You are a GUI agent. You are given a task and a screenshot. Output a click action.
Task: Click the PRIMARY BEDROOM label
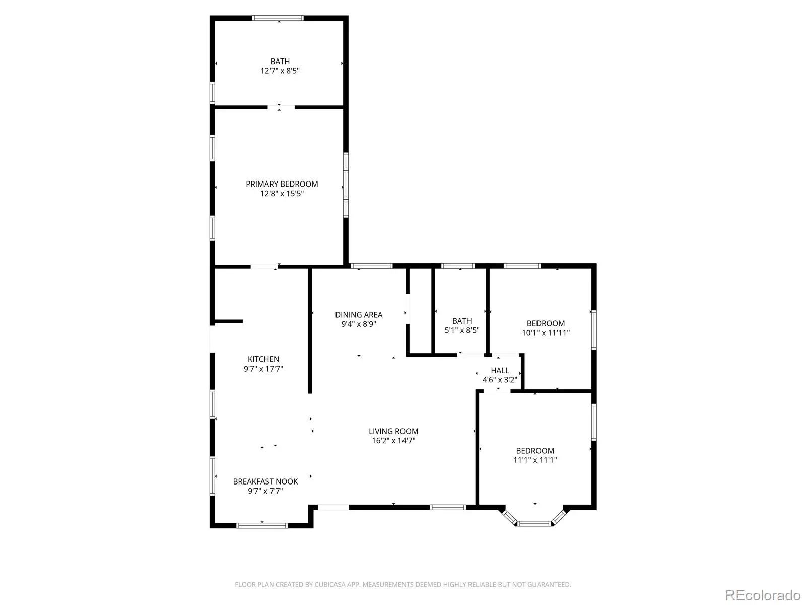click(282, 184)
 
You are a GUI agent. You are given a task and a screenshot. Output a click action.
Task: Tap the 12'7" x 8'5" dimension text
click(280, 71)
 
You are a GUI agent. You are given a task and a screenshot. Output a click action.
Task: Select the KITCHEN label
click(263, 359)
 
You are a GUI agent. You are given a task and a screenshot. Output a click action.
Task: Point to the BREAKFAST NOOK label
click(265, 481)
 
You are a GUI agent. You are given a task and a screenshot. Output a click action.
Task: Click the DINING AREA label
click(358, 315)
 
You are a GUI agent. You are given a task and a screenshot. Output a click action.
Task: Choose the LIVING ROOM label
click(393, 431)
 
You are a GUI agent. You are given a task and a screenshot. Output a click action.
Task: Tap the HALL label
click(500, 370)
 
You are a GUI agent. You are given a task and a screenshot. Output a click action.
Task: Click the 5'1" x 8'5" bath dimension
click(462, 330)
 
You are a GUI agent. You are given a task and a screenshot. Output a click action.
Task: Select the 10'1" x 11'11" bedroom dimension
click(546, 333)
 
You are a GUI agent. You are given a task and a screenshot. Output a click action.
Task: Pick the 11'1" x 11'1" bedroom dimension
click(535, 460)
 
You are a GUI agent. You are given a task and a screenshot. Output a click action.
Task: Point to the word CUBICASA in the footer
click(330, 584)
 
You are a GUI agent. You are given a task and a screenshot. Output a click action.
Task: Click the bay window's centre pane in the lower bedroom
click(534, 523)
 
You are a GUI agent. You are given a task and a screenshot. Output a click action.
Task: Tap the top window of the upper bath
click(278, 18)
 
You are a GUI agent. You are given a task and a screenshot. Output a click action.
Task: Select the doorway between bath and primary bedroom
click(281, 107)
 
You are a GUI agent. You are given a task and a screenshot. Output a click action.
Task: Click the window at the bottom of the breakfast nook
click(262, 526)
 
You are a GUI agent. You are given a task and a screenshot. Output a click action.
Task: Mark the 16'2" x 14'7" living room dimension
click(393, 441)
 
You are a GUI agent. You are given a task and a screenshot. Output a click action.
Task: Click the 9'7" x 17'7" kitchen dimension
click(263, 369)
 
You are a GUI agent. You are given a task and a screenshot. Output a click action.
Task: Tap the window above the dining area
click(371, 266)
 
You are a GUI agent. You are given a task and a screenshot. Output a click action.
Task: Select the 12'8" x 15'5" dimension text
click(282, 194)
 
